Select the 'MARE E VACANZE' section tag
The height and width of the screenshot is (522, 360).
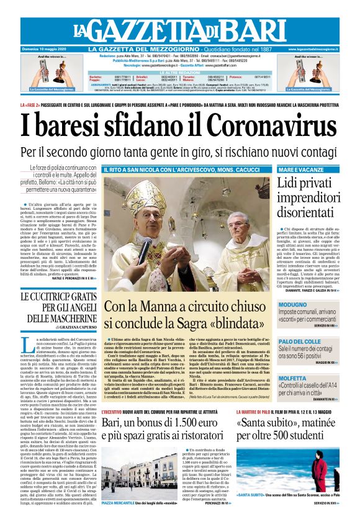tap(299, 169)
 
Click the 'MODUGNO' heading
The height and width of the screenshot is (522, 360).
tap(294, 305)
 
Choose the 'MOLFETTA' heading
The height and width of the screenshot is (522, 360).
tap(294, 377)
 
